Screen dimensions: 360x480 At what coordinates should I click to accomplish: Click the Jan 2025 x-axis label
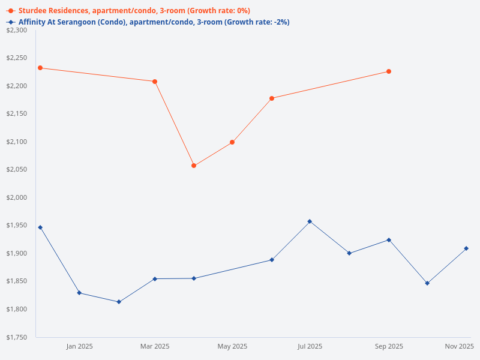tap(79, 346)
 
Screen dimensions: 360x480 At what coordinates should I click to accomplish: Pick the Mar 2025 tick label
tap(155, 346)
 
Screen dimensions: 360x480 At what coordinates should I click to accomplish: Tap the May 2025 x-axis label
tap(232, 346)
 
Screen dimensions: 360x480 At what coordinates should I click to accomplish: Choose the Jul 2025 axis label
tap(310, 346)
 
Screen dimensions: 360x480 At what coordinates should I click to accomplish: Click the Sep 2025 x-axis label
tap(389, 346)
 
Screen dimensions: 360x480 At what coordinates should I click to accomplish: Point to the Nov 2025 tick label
tap(459, 346)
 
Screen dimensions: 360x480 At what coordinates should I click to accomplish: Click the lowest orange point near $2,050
tap(194, 166)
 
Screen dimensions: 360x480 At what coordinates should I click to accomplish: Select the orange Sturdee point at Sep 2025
tap(389, 71)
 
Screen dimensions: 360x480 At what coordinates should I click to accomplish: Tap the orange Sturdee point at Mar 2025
tap(155, 82)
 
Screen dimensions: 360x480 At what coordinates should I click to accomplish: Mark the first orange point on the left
tap(40, 68)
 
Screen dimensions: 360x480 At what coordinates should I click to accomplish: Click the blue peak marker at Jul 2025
tap(310, 221)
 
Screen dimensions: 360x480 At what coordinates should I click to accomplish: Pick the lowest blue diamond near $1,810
tap(119, 302)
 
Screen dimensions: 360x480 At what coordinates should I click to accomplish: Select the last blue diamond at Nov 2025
tap(466, 248)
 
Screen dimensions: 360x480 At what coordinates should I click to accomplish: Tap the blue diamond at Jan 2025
tap(79, 293)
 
